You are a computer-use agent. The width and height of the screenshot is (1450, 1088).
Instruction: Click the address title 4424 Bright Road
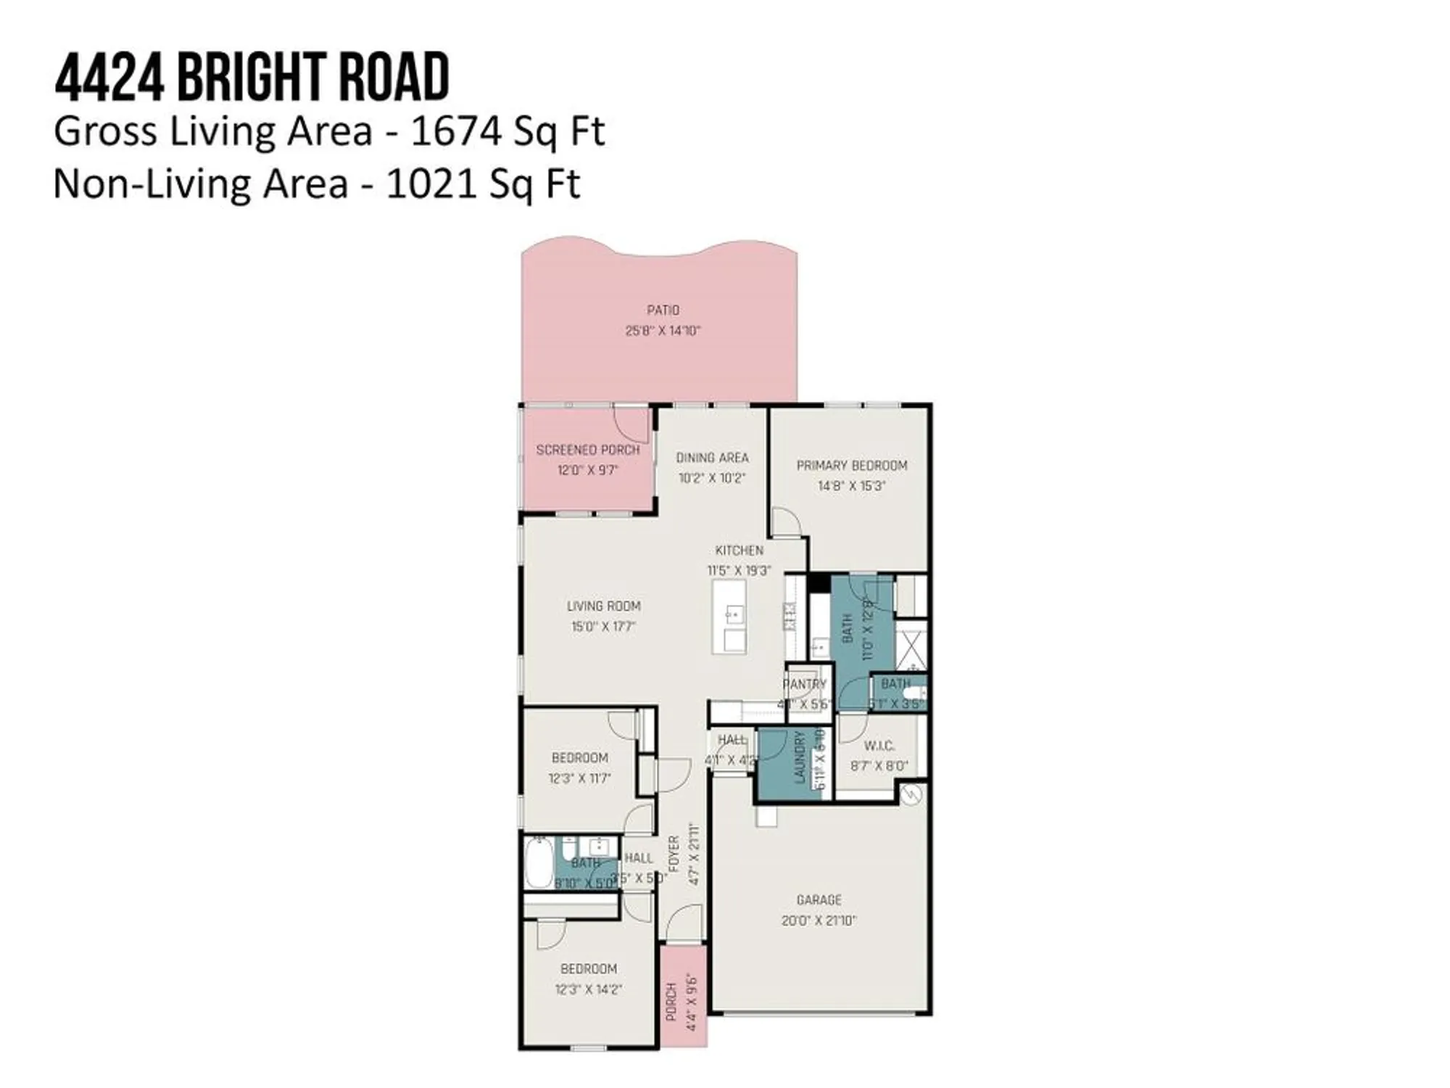click(252, 77)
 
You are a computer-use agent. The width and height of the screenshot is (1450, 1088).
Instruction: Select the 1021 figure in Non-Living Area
click(431, 184)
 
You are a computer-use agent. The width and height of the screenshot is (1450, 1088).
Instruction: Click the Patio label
click(663, 310)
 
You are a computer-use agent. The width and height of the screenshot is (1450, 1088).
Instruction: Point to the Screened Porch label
click(587, 450)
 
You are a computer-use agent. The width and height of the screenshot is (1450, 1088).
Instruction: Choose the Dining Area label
click(712, 458)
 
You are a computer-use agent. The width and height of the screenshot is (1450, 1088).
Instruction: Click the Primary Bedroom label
click(851, 466)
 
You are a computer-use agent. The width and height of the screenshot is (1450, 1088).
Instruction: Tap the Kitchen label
click(739, 551)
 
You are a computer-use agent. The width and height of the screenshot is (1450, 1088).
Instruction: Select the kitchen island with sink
click(729, 617)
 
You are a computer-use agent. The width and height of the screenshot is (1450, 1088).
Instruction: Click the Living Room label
click(603, 606)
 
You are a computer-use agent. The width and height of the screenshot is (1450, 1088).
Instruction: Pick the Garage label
click(819, 900)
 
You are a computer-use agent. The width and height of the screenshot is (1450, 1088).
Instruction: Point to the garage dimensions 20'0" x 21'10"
click(819, 920)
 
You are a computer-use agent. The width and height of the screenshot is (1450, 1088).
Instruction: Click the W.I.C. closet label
click(879, 746)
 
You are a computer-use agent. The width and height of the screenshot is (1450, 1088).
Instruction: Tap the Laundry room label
click(800, 757)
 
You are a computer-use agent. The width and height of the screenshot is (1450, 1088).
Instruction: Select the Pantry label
click(804, 684)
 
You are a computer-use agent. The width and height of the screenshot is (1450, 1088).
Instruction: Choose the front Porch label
click(671, 1002)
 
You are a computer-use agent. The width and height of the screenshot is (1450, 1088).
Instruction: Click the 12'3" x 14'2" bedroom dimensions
click(588, 989)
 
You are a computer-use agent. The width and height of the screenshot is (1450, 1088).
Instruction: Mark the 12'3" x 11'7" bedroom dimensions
click(579, 778)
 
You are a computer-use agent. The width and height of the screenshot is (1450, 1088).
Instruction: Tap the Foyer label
click(674, 854)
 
